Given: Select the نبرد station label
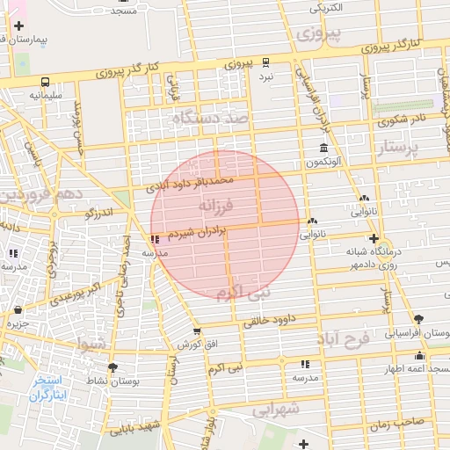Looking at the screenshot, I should (265, 77).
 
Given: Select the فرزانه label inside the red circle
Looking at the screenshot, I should (216, 206).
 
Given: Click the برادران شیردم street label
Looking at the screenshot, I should (198, 233).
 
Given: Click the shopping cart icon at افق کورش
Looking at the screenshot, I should (197, 332).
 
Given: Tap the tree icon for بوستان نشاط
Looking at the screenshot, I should (112, 367).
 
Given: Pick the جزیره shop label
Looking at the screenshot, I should (18, 323).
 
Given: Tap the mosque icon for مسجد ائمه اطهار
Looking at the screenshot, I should (419, 356).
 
